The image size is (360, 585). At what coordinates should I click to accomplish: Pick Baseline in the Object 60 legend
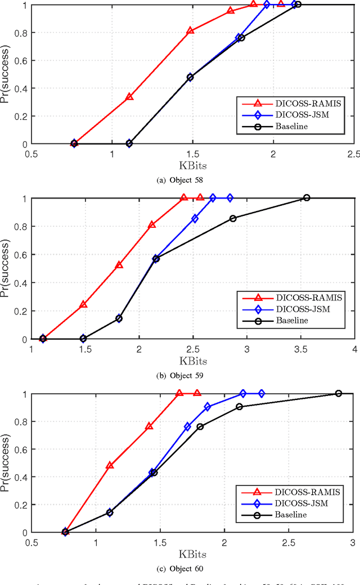point(291,514)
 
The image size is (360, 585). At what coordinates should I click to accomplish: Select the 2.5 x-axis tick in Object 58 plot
point(353,154)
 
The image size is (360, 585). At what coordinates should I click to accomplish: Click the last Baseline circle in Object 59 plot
point(307,197)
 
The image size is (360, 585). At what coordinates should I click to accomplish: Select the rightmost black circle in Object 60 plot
point(339,393)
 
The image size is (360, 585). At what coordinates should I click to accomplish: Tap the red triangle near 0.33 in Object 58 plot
point(129,97)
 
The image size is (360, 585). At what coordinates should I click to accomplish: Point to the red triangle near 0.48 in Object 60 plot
point(110,466)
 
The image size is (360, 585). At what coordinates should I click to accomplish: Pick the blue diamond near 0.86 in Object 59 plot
point(195,218)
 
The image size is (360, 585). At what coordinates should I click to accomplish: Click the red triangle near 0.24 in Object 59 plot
point(83,304)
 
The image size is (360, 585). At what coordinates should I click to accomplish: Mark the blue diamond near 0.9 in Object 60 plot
point(207,406)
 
